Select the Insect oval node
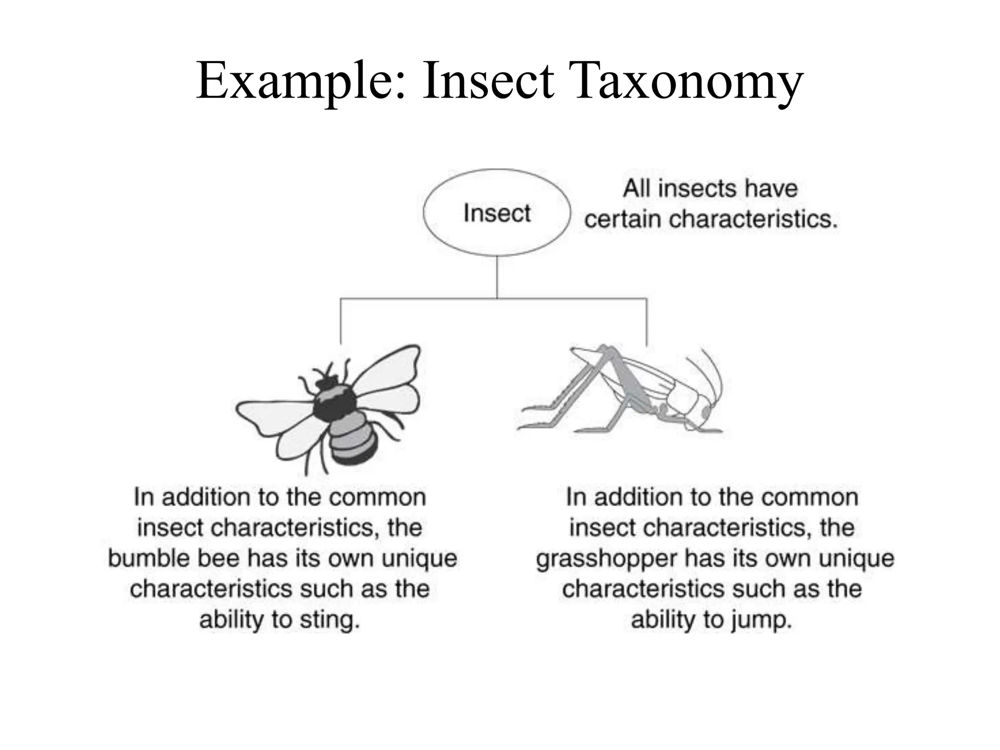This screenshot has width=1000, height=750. click(x=497, y=213)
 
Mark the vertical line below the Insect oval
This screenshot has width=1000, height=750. click(x=497, y=276)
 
